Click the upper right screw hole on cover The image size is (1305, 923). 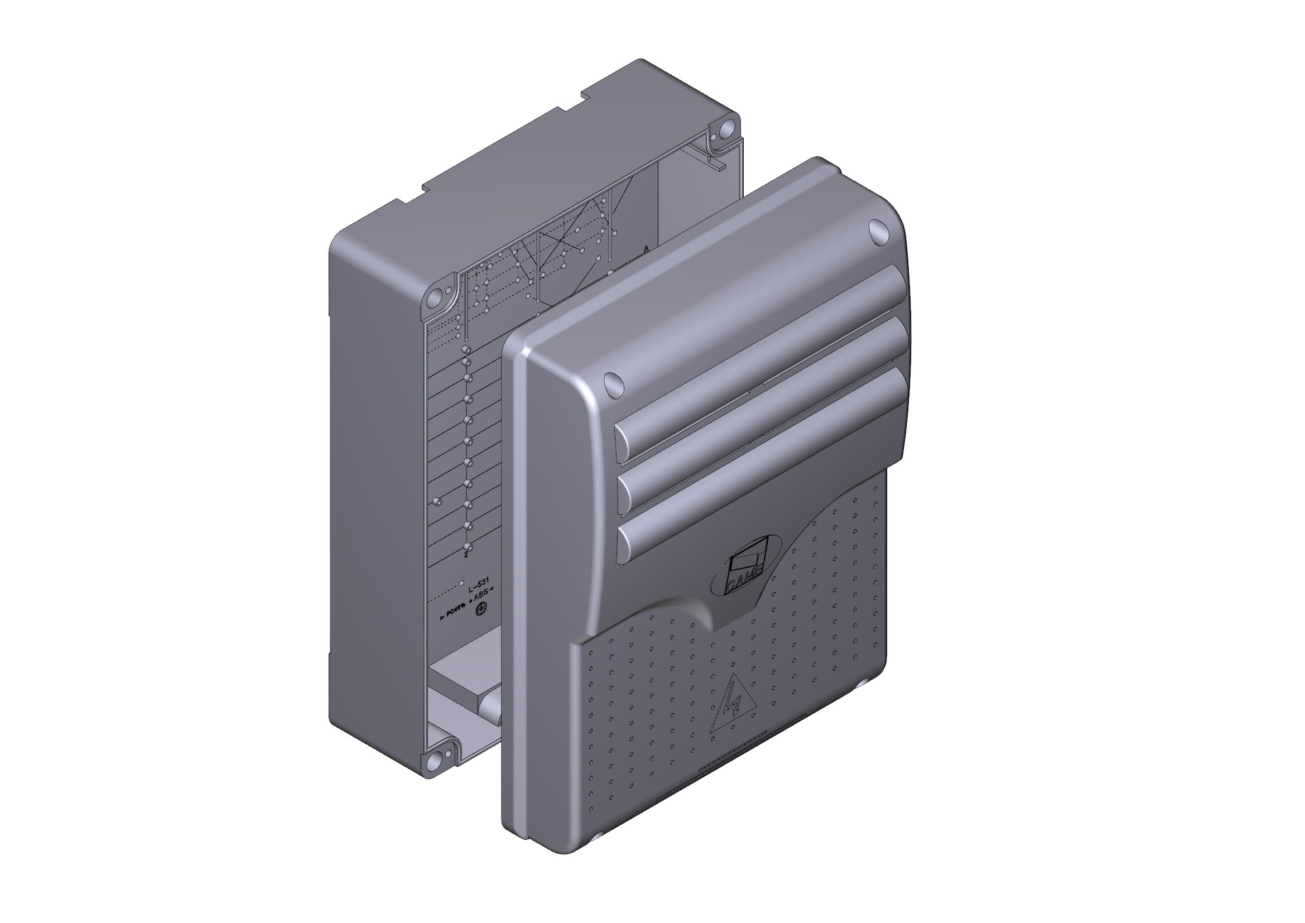(878, 233)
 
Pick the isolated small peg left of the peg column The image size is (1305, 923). (437, 502)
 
